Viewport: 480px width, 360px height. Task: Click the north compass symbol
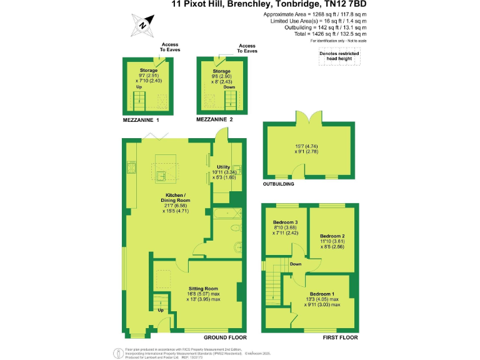pyautogui.click(x=143, y=25)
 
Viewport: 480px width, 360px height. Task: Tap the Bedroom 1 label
pyautogui.click(x=322, y=293)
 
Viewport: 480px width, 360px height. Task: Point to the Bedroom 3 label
pyautogui.click(x=286, y=222)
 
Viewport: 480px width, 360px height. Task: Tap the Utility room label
pyautogui.click(x=224, y=167)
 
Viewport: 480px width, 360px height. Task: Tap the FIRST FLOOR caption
pyautogui.click(x=340, y=337)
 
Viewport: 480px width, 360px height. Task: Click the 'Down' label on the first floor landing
pyautogui.click(x=296, y=264)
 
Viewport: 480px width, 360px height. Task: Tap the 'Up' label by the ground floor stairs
pyautogui.click(x=161, y=310)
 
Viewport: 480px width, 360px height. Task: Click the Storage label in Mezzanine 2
pyautogui.click(x=221, y=71)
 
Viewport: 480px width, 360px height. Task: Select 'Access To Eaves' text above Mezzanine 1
pyautogui.click(x=170, y=47)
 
